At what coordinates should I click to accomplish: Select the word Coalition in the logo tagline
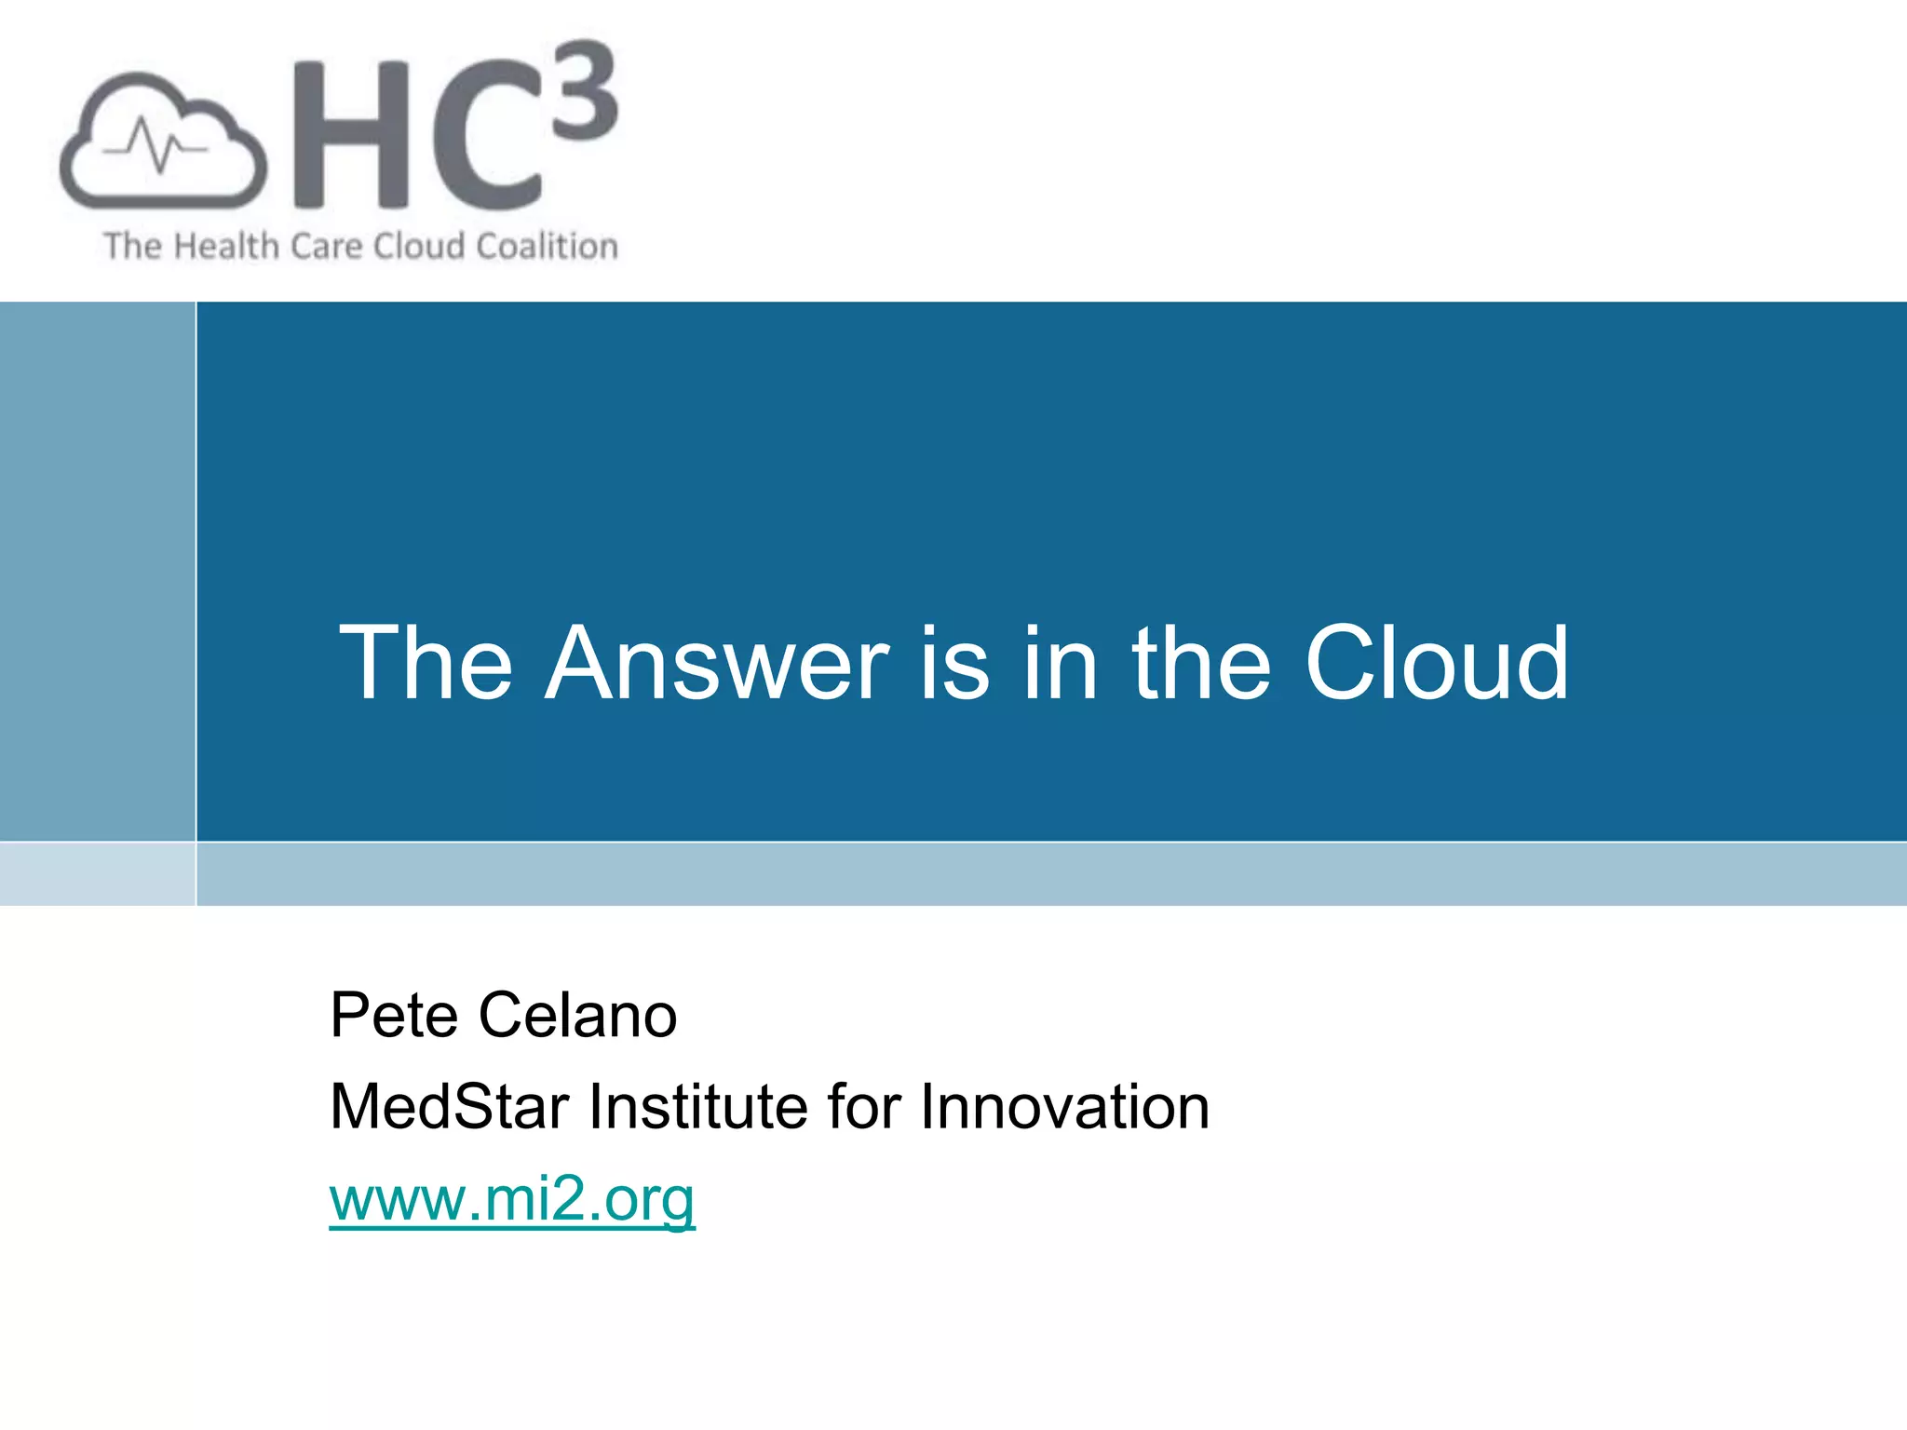pyautogui.click(x=547, y=247)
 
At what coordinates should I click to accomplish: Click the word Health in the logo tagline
pyautogui.click(x=226, y=247)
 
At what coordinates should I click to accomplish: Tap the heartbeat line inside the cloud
pyautogui.click(x=155, y=146)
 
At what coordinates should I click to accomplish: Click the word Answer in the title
pyautogui.click(x=717, y=663)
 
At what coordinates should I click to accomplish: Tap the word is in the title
pyautogui.click(x=954, y=663)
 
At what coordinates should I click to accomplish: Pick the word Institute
pyautogui.click(x=699, y=1107)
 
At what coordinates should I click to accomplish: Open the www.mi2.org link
pyautogui.click(x=512, y=1199)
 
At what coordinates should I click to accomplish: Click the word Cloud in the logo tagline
pyautogui.click(x=419, y=247)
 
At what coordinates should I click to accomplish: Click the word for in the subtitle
pyautogui.click(x=864, y=1107)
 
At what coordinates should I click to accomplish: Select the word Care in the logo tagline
pyautogui.click(x=325, y=247)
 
